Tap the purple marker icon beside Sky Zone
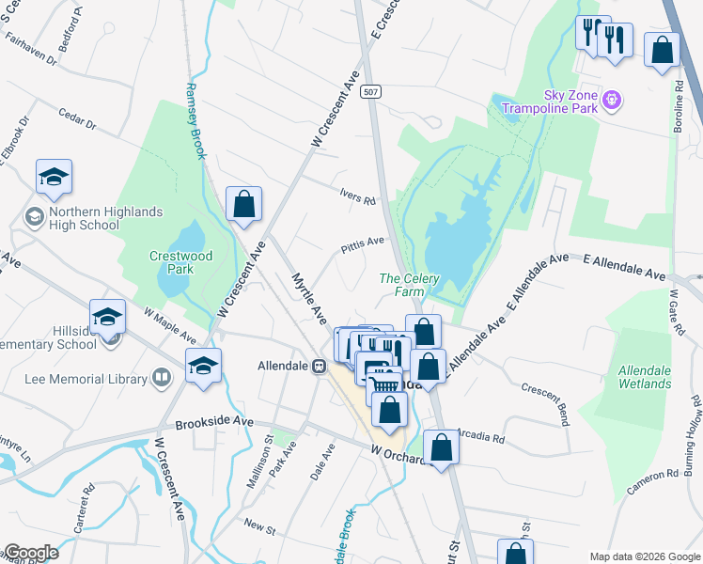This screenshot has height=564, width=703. click(613, 98)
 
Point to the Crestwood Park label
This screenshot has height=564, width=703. click(181, 262)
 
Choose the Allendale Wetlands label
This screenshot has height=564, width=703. click(645, 377)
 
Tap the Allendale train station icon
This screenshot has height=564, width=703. click(320, 366)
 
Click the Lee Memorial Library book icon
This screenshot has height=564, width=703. click(163, 378)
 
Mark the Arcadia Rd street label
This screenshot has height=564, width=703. click(481, 437)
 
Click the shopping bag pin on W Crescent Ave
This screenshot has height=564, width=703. click(243, 204)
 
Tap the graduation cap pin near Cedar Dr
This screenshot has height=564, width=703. click(55, 177)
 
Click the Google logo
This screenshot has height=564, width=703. click(30, 553)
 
